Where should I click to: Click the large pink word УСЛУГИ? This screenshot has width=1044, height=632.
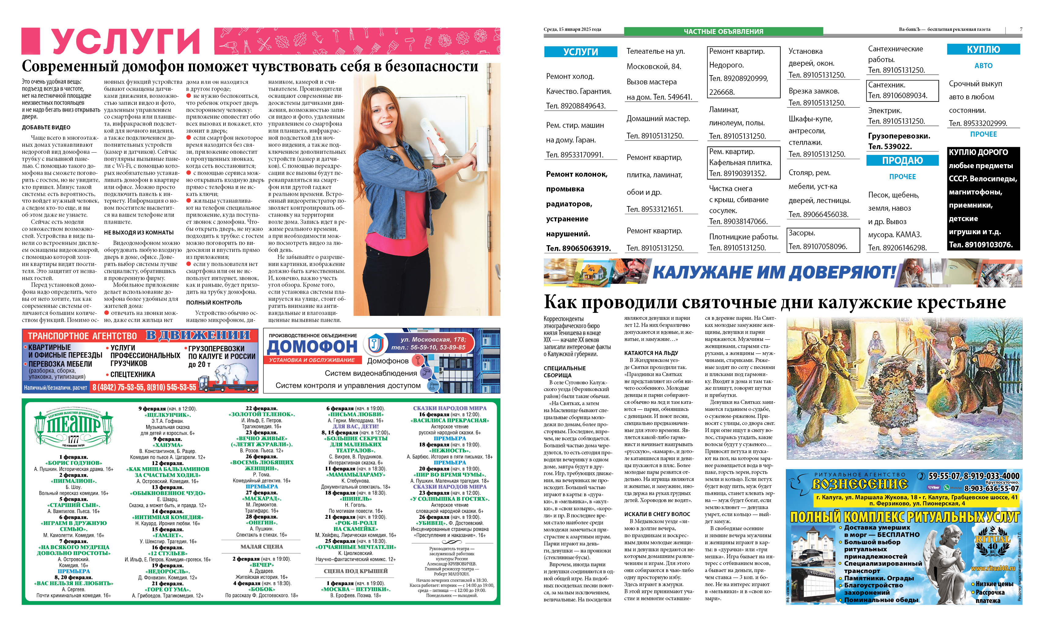[x=125, y=42]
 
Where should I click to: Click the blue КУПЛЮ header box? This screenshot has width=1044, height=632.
[x=983, y=50]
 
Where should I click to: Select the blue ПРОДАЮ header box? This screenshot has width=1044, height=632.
[x=902, y=161]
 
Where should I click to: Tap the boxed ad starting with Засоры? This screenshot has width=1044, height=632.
[x=823, y=240]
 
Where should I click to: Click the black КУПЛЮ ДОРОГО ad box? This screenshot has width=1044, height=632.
[x=983, y=198]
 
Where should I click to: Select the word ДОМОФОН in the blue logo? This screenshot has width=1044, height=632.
[x=312, y=346]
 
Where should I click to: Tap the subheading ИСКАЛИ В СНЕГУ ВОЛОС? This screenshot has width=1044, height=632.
[x=657, y=514]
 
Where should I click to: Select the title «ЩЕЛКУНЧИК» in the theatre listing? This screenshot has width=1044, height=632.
[x=167, y=415]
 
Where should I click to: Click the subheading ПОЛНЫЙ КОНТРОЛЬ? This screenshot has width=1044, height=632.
[x=214, y=302]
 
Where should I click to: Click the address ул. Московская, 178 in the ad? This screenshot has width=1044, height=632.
[x=433, y=339]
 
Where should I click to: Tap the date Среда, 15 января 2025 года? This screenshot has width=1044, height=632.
[x=572, y=29]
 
